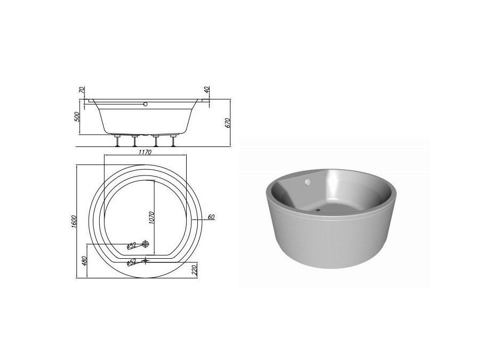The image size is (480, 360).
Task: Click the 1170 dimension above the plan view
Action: pyautogui.click(x=145, y=152)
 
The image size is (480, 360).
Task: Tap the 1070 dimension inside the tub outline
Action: pyautogui.click(x=151, y=217)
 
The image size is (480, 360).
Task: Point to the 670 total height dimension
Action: pyautogui.click(x=227, y=123)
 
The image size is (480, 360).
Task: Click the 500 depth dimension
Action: pyautogui.click(x=77, y=117)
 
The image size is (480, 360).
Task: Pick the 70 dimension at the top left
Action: pyautogui.click(x=82, y=90)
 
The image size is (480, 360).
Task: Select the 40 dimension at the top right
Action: pyautogui.click(x=207, y=90)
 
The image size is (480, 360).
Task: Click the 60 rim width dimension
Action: pyautogui.click(x=211, y=217)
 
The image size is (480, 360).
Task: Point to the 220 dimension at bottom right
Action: pyautogui.click(x=195, y=270)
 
